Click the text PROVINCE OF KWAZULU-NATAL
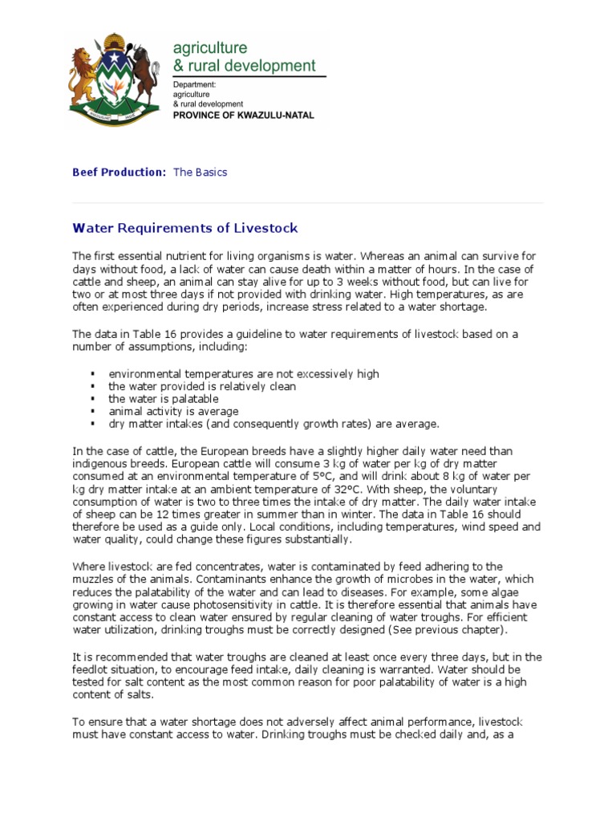(244, 116)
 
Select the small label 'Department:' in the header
(195, 83)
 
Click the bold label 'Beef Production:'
(120, 173)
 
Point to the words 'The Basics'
(201, 173)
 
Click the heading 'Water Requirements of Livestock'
(185, 229)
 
